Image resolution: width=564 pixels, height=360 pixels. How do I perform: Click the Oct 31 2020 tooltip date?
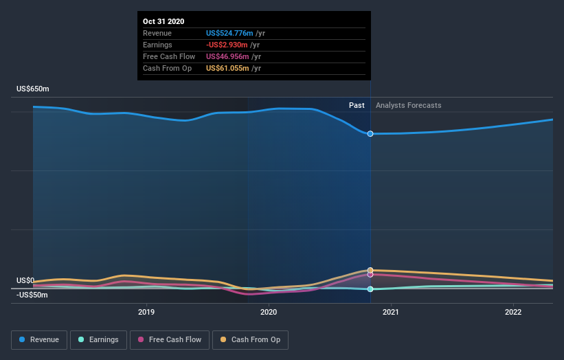[163, 22]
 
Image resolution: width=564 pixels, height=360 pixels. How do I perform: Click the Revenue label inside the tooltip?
[157, 33]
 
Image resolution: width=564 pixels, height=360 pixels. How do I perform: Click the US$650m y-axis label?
[33, 89]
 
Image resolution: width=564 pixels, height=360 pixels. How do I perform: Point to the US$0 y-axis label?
[25, 280]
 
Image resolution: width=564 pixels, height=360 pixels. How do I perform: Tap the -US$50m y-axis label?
[32, 295]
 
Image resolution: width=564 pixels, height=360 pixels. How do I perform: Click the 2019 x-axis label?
[146, 312]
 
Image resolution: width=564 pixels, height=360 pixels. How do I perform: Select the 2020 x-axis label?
[269, 312]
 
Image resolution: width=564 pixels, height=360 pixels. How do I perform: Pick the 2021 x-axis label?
[391, 312]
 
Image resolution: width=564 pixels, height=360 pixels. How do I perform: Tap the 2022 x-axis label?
[513, 312]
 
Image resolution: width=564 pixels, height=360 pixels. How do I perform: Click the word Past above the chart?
[357, 105]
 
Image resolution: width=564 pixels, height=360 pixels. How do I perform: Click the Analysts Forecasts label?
[408, 105]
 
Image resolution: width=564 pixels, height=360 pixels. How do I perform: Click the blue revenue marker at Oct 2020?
[370, 133]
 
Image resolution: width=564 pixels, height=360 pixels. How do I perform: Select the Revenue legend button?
[40, 339]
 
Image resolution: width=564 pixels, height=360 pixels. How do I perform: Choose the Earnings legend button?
[98, 339]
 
